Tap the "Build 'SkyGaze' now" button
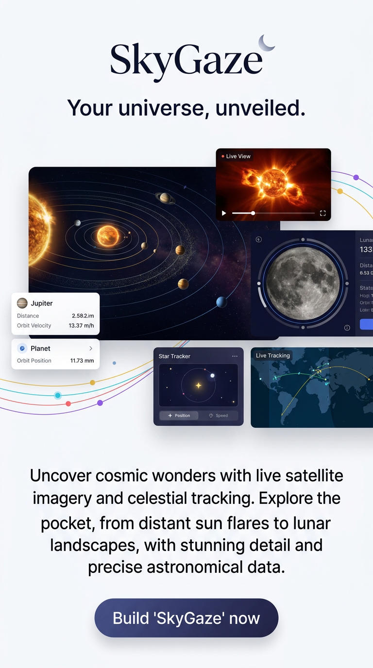coord(186,618)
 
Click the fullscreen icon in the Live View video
coord(322,213)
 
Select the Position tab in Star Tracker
coord(179,416)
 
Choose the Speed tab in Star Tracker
coord(218,416)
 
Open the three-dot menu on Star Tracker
coord(235,356)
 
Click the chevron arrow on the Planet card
coord(91,349)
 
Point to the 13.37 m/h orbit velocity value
coord(81,326)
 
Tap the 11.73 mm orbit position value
coord(82,361)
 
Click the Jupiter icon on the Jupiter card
coord(22,303)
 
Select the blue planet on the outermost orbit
coord(221,302)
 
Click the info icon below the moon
coord(347,328)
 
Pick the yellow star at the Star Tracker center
coord(198,385)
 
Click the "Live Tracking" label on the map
coord(272,356)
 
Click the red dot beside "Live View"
coord(223,156)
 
